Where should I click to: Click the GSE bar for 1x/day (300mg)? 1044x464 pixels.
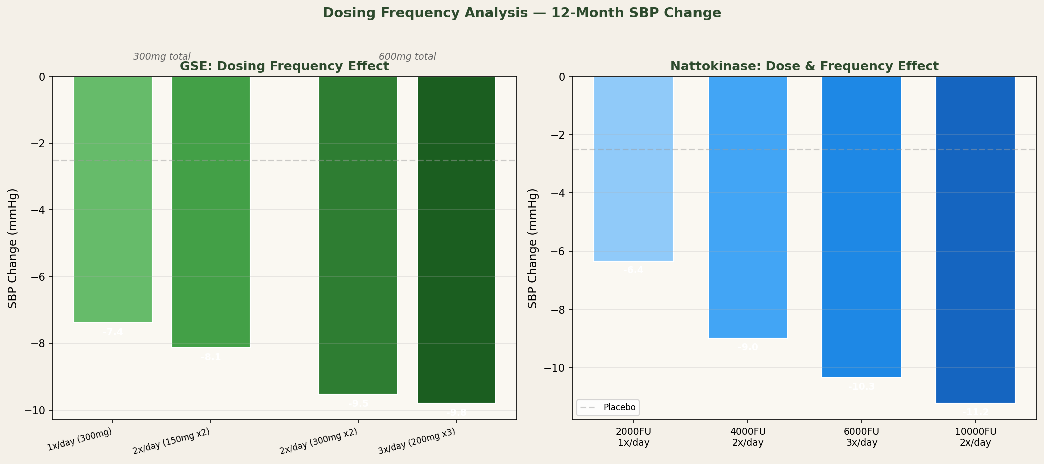[113, 200]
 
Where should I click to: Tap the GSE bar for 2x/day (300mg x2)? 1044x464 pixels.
[358, 235]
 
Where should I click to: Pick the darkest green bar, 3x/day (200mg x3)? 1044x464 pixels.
[456, 240]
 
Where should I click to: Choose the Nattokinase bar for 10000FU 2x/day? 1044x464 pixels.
[975, 240]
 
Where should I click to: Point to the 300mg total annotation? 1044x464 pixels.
[162, 57]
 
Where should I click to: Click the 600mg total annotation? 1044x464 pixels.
[407, 57]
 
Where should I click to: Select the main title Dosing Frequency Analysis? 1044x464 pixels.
[522, 13]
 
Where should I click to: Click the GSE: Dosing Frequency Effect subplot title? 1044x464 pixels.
[284, 66]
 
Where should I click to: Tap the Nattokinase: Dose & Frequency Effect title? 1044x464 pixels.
[804, 66]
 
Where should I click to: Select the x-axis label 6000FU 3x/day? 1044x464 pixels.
[862, 437]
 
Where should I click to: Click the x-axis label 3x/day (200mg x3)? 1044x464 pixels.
[417, 441]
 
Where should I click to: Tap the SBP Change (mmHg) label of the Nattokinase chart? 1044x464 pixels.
[533, 248]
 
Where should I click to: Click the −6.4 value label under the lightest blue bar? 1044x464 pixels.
[633, 270]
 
